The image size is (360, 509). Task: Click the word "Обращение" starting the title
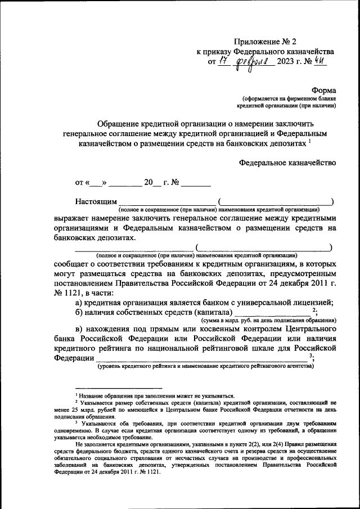pyautogui.click(x=118, y=123)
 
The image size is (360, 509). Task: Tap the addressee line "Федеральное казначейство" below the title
pyautogui.click(x=287, y=163)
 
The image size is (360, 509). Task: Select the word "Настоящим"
pyautogui.click(x=96, y=201)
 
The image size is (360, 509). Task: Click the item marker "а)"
pyautogui.click(x=80, y=303)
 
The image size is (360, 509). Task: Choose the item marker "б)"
pyautogui.click(x=80, y=313)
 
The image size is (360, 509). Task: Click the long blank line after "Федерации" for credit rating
pyautogui.click(x=202, y=360)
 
